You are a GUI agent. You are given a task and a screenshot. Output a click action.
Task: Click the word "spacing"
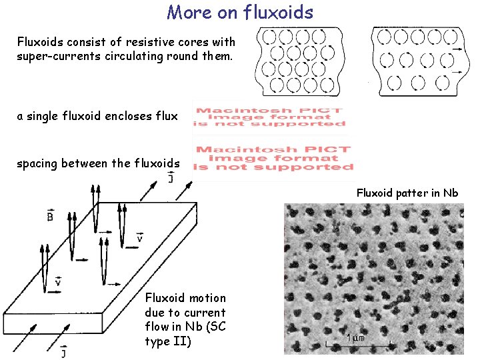point(37,163)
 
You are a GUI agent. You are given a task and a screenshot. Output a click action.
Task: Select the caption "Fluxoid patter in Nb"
point(407,193)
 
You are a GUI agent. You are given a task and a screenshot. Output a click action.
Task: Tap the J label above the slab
point(171,177)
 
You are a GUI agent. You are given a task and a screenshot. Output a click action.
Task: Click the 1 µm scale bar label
point(355,338)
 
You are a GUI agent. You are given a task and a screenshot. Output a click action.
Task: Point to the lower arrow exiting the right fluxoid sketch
point(457,71)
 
